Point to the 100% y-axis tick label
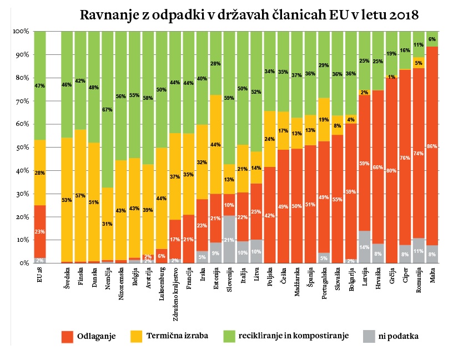click(20, 32)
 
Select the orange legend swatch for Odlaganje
click(68, 336)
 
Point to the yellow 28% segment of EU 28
click(39, 173)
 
